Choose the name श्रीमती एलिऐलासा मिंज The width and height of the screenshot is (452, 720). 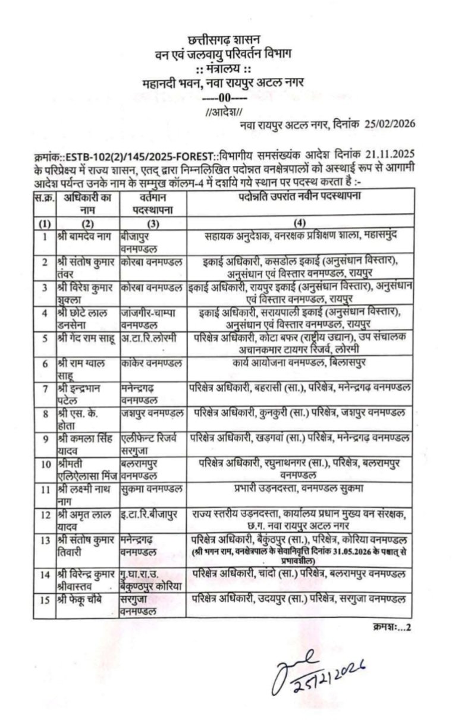[x=86, y=470]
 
